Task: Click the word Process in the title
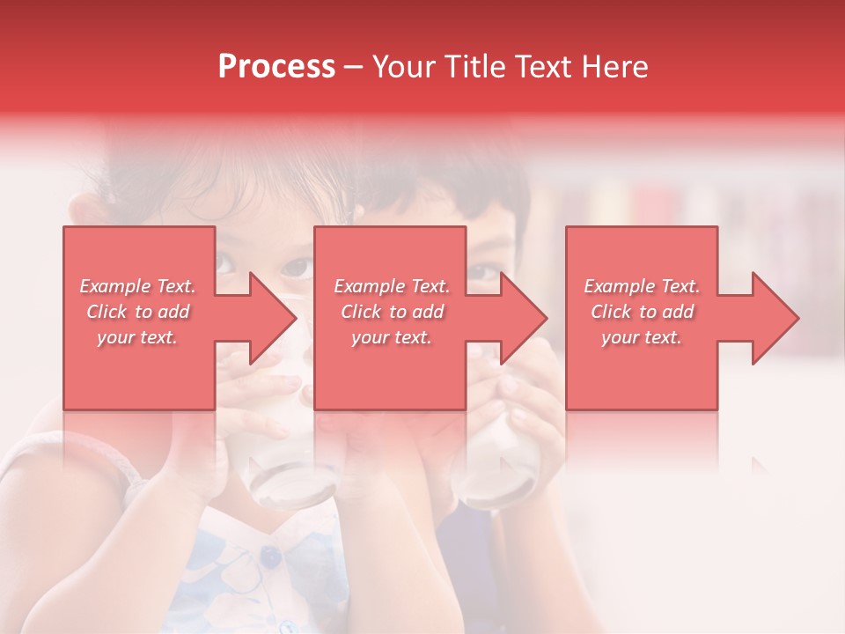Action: [276, 67]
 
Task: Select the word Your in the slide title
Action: [402, 67]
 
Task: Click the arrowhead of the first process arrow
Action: [273, 318]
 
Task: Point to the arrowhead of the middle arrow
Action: [525, 318]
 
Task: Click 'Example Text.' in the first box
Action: [137, 286]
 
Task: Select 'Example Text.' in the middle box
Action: [392, 286]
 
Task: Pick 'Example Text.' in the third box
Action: [642, 286]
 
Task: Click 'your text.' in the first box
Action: [137, 337]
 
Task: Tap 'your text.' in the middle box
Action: [392, 337]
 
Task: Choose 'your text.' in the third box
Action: [642, 337]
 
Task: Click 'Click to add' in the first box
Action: [137, 312]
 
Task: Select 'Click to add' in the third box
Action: [642, 312]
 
